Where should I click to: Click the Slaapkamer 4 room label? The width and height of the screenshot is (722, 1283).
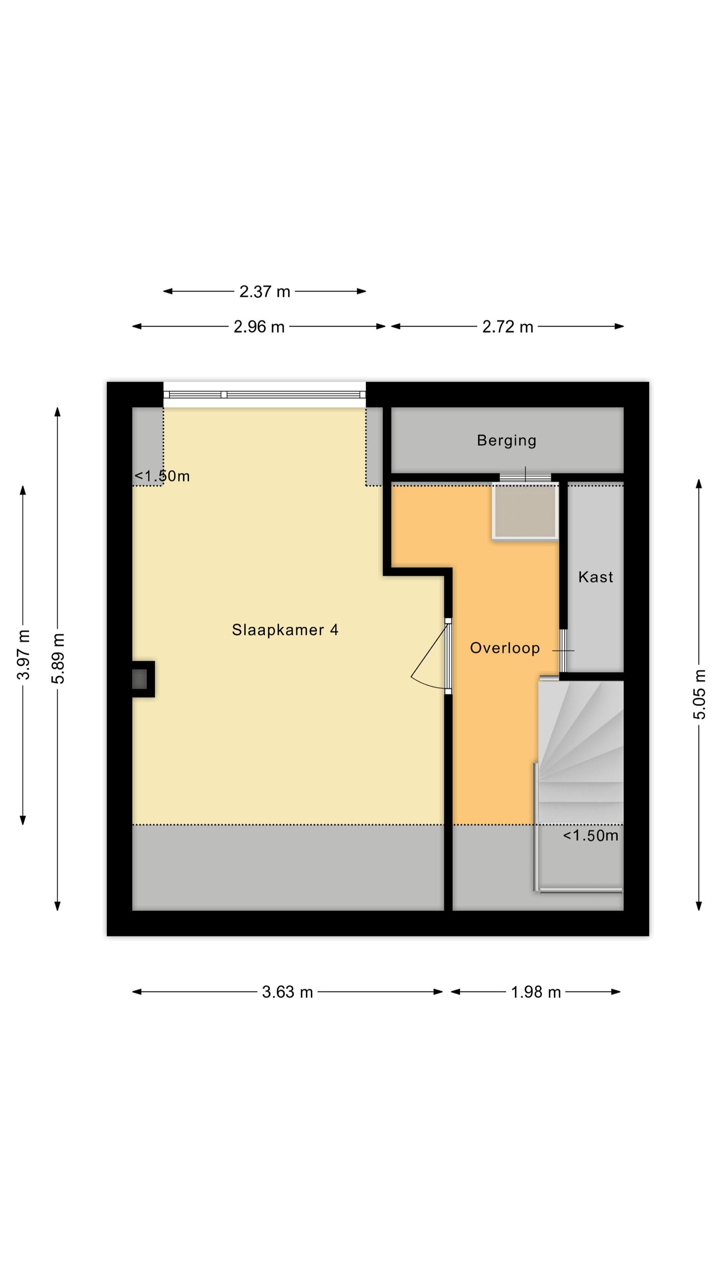[x=285, y=630]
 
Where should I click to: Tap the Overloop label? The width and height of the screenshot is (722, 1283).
[x=505, y=648]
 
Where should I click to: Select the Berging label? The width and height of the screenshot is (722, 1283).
[x=506, y=440]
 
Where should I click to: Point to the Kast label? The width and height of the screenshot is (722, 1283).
[x=595, y=577]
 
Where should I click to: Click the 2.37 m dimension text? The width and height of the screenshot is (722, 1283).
[x=265, y=291]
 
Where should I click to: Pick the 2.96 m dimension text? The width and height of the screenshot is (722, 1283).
[x=259, y=327]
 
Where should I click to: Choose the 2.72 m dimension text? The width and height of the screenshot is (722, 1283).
[x=507, y=327]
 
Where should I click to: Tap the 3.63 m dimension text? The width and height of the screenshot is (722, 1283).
[x=287, y=992]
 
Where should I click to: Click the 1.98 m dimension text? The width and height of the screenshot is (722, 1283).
[x=536, y=992]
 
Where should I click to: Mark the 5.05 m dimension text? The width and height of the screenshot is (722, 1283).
[x=699, y=694]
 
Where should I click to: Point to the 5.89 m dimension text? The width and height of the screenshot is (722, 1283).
[x=58, y=659]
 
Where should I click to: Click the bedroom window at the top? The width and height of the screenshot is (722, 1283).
[x=265, y=394]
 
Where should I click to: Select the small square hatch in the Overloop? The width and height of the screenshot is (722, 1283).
[x=525, y=511]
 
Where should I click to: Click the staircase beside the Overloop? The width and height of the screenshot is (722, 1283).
[x=580, y=784]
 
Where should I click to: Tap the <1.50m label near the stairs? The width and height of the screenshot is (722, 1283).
[x=590, y=835]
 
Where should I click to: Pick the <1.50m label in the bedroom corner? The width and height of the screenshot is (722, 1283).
[x=162, y=476]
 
